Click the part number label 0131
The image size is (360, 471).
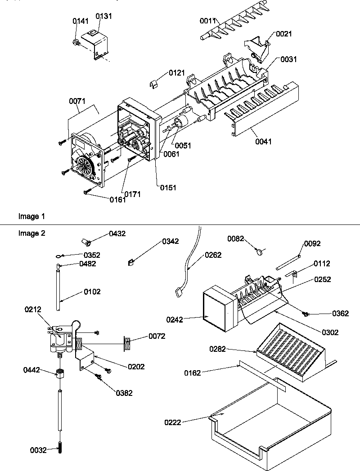coord(104,16)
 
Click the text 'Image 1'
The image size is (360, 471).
coord(31,216)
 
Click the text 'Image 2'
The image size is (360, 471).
coord(31,233)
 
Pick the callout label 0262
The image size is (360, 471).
coord(213,255)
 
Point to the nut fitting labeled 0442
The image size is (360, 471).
coord(59,373)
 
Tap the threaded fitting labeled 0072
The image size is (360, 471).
coord(128,344)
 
